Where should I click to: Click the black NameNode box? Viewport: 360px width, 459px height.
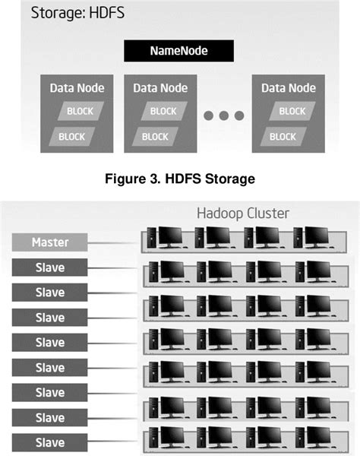point(178,51)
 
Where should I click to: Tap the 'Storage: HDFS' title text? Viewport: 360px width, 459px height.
point(77,13)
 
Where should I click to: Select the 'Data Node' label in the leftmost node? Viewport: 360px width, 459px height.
point(77,88)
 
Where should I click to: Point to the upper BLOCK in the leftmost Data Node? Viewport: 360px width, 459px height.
point(81,111)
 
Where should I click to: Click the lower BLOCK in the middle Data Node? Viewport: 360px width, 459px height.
point(155,137)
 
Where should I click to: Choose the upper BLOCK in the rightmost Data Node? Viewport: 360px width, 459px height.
point(292,111)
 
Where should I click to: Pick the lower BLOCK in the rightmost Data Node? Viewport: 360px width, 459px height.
point(283,137)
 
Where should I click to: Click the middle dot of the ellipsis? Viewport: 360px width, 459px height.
point(224,116)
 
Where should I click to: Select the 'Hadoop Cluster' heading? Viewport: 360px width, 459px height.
point(243,213)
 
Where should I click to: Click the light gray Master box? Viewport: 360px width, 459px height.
point(49,242)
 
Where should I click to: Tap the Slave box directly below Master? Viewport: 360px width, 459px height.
point(49,267)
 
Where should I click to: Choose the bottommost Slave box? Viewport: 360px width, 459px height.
point(49,442)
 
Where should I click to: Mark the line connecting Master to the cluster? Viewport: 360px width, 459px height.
point(114,243)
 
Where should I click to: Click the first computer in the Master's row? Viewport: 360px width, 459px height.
point(166,237)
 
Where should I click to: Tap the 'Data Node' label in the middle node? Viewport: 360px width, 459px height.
point(160,88)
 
